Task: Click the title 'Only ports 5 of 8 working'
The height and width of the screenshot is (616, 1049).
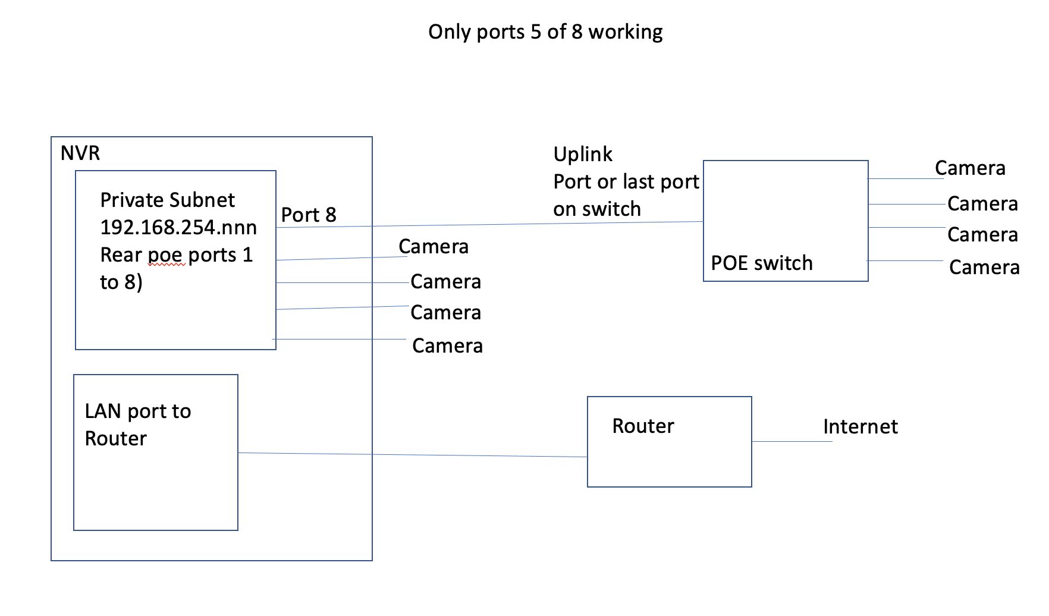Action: point(545,32)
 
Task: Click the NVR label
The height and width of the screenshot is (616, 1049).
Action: point(80,153)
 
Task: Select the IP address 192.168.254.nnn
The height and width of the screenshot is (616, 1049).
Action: point(178,228)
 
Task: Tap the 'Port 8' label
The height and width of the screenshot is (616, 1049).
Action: point(309,215)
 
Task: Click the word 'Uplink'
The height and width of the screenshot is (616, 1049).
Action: point(583,155)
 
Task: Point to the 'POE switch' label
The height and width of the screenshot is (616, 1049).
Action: point(762,263)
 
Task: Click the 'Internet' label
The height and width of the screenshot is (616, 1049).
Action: point(860,427)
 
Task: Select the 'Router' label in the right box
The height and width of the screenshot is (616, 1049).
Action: point(643,426)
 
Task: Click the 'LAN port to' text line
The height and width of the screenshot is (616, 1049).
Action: point(138,411)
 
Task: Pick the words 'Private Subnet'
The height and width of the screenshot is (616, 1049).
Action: point(168,200)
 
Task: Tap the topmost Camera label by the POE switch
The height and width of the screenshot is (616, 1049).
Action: point(970,168)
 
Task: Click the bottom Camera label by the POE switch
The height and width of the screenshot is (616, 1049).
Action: point(984,268)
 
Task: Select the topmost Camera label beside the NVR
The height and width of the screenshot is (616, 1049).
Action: point(434,247)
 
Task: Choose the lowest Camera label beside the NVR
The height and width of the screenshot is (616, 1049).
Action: point(447,346)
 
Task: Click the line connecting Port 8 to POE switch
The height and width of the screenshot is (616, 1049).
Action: point(488,224)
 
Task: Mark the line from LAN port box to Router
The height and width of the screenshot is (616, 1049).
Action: point(416,455)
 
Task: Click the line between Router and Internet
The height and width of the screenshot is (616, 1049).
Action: point(791,441)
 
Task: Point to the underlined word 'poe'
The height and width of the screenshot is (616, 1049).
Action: point(165,256)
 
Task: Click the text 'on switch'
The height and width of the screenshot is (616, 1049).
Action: point(597,209)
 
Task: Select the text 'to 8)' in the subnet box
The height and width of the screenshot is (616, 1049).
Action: point(121,282)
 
